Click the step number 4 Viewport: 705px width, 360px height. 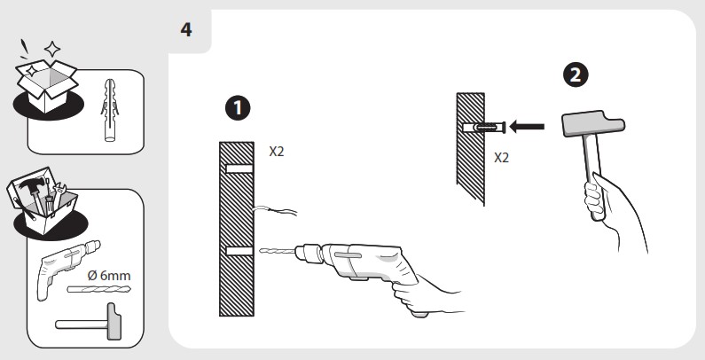(186, 30)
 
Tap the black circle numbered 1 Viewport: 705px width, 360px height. (238, 108)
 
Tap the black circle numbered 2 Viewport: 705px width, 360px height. (576, 74)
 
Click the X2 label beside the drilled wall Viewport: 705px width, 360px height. (277, 152)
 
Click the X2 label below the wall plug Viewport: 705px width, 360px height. (501, 158)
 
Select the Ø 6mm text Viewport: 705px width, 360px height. (109, 275)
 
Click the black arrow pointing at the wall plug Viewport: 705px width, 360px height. (527, 127)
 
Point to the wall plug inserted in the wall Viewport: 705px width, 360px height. (484, 127)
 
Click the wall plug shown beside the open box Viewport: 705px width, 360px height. (109, 110)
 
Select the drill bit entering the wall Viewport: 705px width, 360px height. (277, 251)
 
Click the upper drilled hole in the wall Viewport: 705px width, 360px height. (239, 168)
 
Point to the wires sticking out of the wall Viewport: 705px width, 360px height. (275, 210)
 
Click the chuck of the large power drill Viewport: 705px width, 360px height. (309, 254)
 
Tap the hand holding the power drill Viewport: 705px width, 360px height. (425, 296)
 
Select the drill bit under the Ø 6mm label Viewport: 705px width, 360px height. (99, 288)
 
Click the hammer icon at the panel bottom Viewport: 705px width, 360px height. (89, 322)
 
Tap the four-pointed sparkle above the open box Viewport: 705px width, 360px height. (52, 49)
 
